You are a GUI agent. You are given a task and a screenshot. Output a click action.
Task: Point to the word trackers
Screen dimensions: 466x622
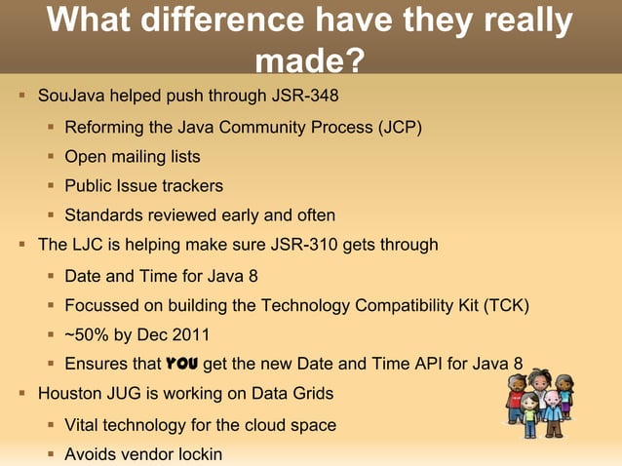pos(192,185)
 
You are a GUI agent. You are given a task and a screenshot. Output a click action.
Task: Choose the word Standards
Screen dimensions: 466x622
pos(102,215)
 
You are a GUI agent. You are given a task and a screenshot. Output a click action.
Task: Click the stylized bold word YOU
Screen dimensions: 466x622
pos(182,365)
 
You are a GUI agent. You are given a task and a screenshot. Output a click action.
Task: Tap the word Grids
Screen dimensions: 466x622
pos(312,394)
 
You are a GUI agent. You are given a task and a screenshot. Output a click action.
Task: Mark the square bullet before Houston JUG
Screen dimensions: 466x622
pos(21,394)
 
